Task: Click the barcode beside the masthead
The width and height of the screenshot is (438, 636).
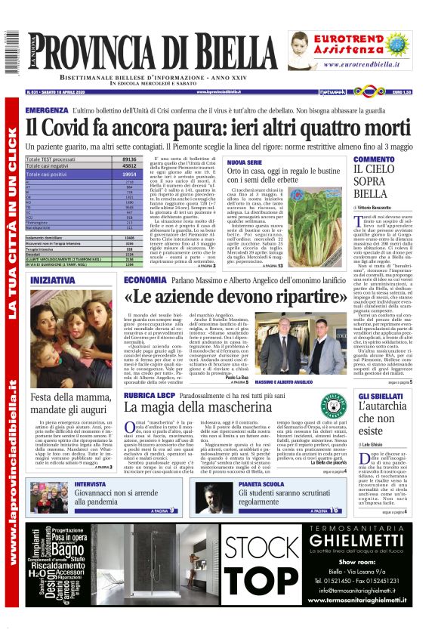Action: point(11,53)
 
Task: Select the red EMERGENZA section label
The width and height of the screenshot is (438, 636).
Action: point(46,110)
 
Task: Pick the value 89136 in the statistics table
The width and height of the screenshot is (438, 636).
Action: point(129,160)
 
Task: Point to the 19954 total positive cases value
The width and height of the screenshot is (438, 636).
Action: point(128,174)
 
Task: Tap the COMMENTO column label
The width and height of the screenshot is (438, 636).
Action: point(373,159)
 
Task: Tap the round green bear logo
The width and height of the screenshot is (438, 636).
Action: point(307,409)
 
